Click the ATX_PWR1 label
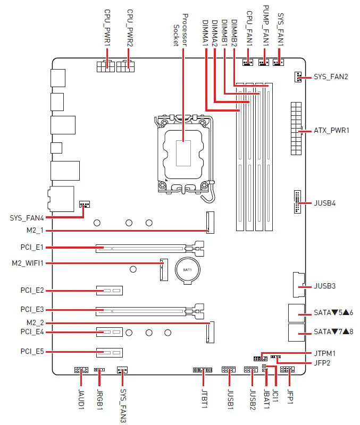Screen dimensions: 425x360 click(x=331, y=130)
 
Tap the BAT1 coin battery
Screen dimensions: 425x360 click(x=187, y=269)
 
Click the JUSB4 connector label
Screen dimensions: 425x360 click(x=325, y=203)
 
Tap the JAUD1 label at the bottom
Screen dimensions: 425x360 click(x=81, y=398)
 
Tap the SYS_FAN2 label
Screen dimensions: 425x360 click(x=331, y=76)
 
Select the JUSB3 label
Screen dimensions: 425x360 click(x=325, y=286)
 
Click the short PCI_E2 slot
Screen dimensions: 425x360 click(x=109, y=291)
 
